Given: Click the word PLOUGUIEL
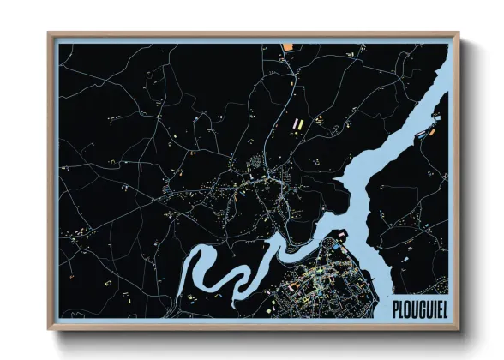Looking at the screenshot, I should (421, 306).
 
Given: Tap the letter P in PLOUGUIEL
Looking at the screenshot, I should (396, 306).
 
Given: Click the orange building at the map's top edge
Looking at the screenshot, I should (288, 45).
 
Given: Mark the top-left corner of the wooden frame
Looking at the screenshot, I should (49, 34).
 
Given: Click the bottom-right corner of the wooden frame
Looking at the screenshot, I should (459, 329).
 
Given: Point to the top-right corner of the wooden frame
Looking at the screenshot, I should (459, 34).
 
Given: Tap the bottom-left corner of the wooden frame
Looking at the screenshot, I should (49, 329).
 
